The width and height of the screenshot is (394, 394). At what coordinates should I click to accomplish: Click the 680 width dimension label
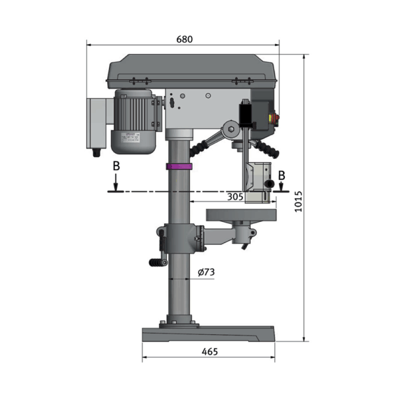185,39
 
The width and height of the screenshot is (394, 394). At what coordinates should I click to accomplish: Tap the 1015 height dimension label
298,202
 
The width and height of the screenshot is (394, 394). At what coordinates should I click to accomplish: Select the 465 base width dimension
210,352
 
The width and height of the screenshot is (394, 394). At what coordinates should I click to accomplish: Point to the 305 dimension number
235,197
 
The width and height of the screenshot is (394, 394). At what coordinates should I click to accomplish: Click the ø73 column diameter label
206,272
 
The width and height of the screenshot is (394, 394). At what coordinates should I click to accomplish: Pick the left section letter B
116,166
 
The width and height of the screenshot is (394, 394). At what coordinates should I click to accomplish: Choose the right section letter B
282,175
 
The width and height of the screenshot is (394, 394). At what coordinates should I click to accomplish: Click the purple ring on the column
179,166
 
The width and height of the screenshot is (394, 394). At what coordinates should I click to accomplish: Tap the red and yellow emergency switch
274,119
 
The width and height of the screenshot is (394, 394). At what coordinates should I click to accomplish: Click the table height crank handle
158,262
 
